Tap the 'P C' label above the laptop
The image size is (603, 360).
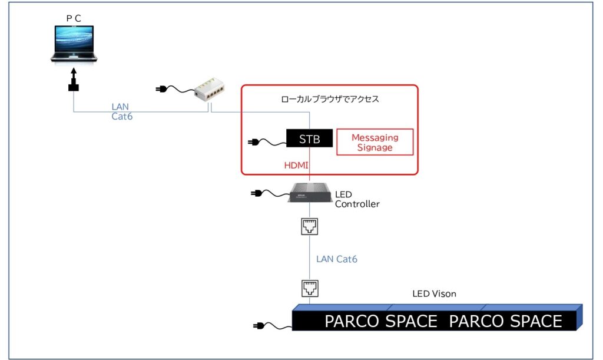(74, 18)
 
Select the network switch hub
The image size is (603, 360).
(210, 92)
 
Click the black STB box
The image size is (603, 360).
(309, 140)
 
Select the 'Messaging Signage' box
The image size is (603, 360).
(375, 143)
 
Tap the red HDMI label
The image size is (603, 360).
(296, 166)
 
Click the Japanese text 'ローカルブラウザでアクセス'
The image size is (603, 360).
(330, 99)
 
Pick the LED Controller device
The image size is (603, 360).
(310, 192)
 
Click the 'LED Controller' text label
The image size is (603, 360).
(357, 199)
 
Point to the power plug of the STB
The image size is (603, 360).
(254, 141)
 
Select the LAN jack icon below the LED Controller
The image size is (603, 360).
(310, 226)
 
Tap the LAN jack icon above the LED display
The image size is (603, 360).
(310, 288)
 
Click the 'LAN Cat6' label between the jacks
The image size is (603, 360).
(336, 259)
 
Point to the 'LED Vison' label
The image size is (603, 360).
(433, 293)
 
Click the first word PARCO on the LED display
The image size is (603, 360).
(352, 321)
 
